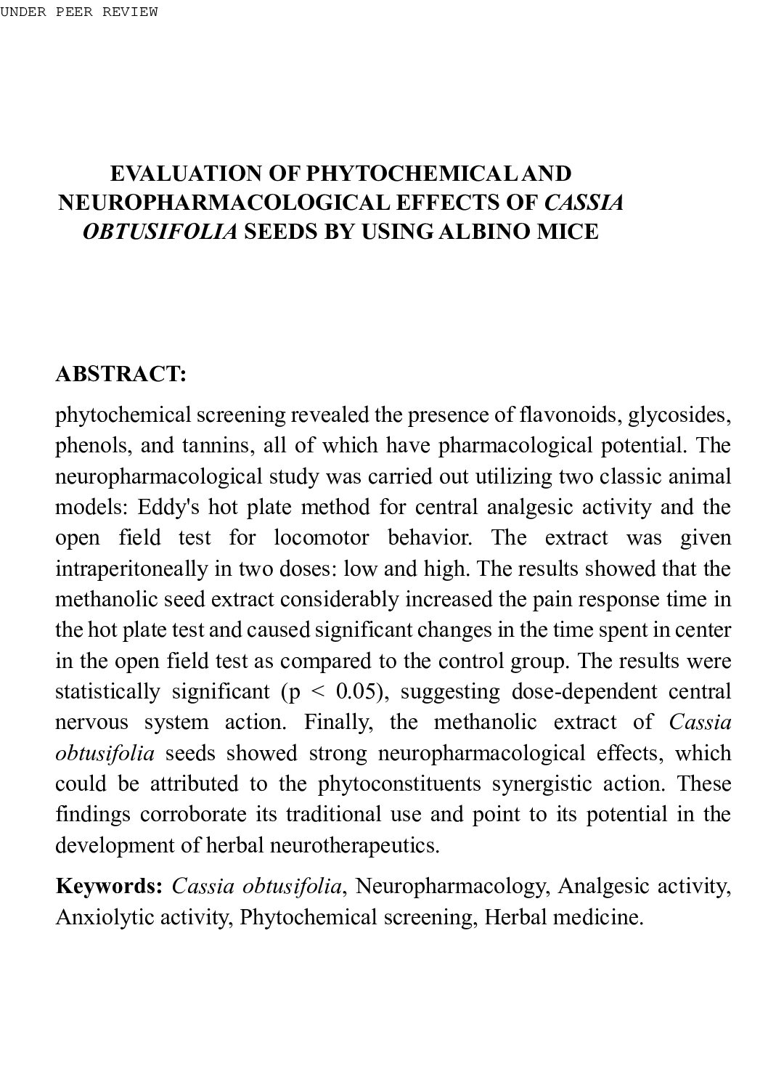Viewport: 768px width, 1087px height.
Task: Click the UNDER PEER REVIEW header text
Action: click(78, 12)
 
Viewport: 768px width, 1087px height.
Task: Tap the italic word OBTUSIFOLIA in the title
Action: click(160, 232)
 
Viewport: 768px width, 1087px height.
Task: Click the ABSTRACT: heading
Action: click(121, 375)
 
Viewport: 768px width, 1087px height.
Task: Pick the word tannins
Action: click(217, 446)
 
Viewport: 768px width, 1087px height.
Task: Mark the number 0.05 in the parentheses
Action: click(358, 691)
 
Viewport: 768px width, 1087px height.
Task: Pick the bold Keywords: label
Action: click(109, 887)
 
